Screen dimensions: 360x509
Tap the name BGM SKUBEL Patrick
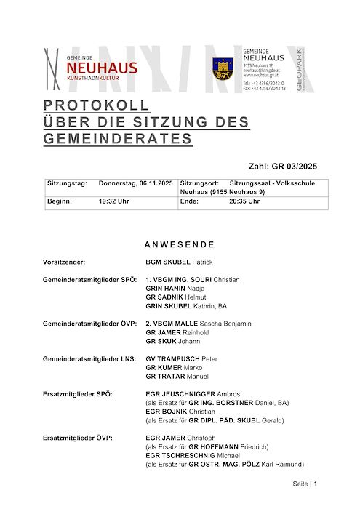click(179, 261)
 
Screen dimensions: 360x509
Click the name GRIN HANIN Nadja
click(175, 289)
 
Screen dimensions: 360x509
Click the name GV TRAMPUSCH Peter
click(182, 359)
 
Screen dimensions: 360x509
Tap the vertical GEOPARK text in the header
click(300, 69)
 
